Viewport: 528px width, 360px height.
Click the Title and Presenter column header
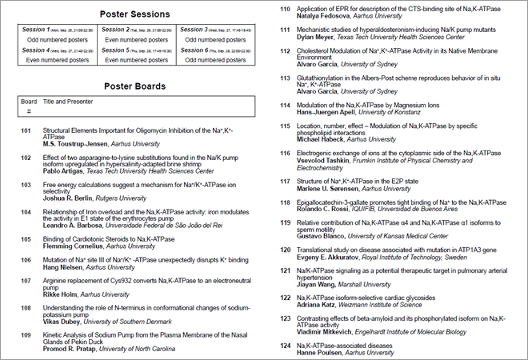[x=71, y=102]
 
